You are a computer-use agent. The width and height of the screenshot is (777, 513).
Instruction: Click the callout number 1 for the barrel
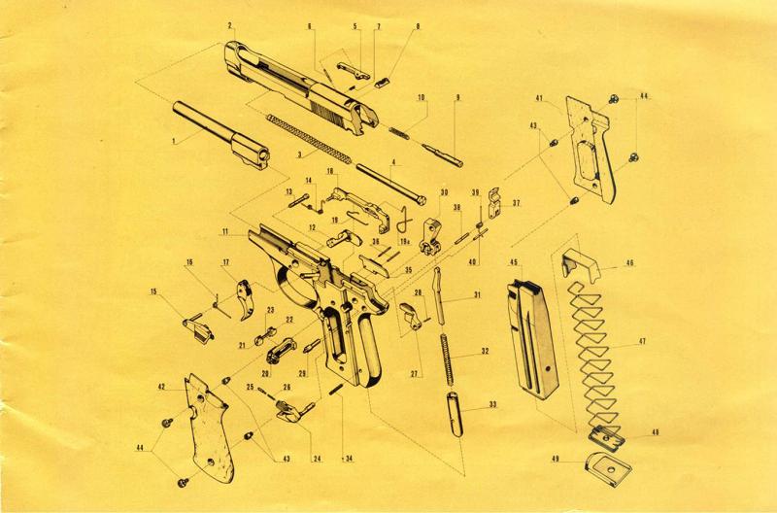[174, 141]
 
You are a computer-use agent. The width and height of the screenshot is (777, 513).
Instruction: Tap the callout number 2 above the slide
[230, 25]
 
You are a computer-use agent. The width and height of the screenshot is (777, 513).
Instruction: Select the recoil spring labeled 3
[309, 139]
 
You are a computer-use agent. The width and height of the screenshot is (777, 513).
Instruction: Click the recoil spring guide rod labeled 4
[391, 183]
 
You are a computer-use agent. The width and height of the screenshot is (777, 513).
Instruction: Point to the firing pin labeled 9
[442, 154]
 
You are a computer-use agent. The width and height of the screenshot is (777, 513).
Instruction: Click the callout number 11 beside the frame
[224, 231]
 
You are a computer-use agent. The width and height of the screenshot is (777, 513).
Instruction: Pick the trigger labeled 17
[245, 299]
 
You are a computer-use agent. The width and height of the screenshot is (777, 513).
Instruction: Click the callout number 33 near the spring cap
[492, 405]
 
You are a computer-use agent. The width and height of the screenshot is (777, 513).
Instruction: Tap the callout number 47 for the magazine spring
[642, 341]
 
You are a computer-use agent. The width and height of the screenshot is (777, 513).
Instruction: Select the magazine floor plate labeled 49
[609, 468]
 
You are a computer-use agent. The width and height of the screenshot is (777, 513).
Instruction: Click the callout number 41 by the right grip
[540, 98]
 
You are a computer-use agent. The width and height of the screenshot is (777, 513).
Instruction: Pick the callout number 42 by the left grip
[161, 387]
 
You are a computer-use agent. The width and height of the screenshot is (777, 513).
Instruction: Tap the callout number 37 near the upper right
[517, 203]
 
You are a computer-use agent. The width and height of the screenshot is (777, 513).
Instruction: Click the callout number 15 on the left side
[153, 291]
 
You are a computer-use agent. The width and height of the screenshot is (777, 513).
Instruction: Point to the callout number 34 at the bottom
[350, 459]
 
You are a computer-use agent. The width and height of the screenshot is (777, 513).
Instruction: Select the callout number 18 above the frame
[330, 172]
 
